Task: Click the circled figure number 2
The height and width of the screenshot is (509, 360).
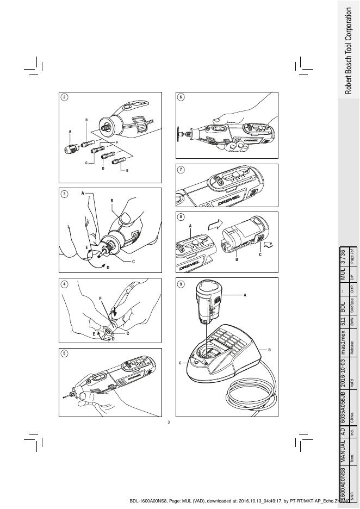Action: tap(65, 97)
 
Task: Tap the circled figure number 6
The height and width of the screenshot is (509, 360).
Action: tap(181, 97)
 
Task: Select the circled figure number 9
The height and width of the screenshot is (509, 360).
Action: tap(181, 284)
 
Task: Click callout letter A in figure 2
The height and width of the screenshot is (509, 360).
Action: tap(70, 132)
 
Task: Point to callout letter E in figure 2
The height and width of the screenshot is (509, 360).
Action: tap(127, 171)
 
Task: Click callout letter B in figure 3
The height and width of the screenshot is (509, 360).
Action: tap(111, 201)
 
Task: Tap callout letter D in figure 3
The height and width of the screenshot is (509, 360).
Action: tap(107, 268)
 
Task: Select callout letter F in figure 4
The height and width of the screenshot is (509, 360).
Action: tap(101, 299)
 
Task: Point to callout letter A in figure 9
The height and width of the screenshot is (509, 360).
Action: tap(245, 295)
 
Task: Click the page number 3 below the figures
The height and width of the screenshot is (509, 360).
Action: tap(169, 423)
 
